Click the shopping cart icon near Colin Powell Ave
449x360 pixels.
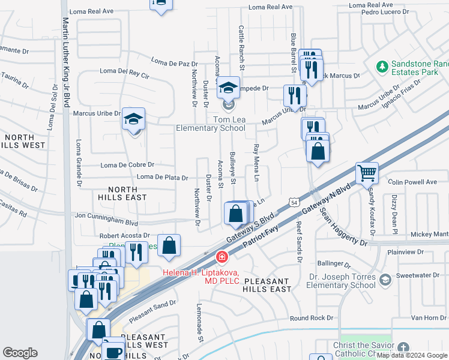coord(367,174)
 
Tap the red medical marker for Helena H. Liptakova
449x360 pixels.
coord(222,257)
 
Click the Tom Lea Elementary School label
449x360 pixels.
coord(211,124)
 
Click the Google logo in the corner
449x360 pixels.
coord(20,353)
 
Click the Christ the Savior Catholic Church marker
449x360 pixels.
coord(403,347)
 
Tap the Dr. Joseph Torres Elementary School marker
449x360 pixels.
coord(385,279)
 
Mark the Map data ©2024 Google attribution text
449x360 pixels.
coord(412,355)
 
